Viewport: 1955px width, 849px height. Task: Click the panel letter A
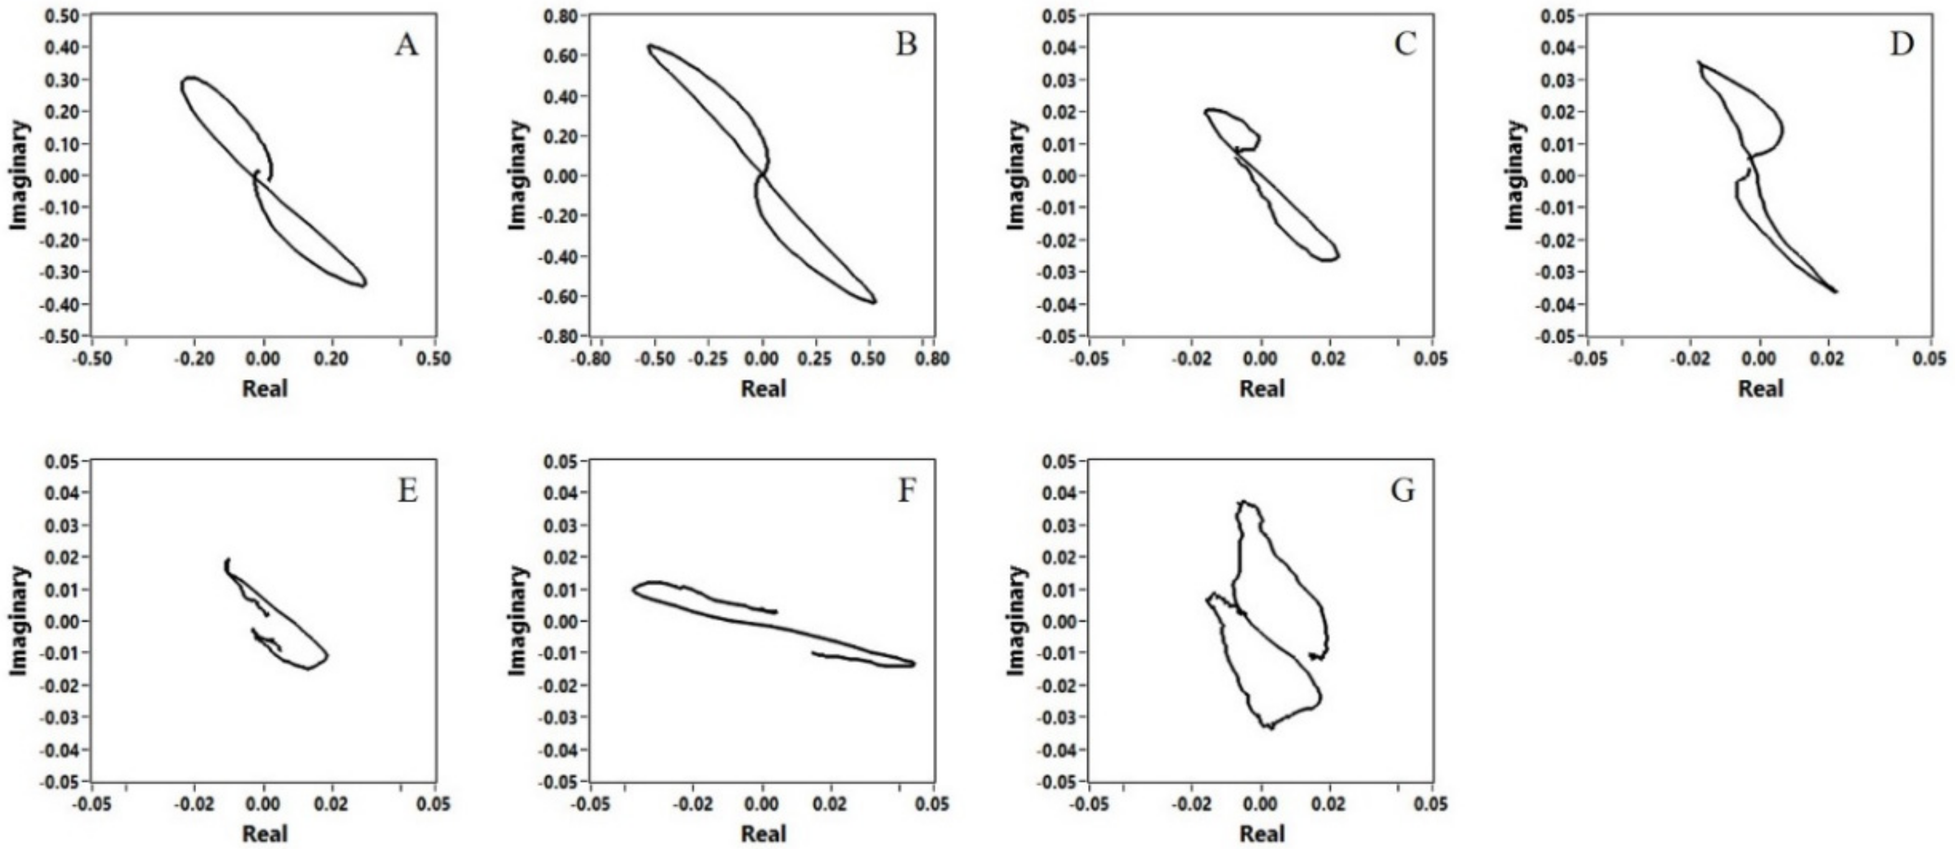(406, 46)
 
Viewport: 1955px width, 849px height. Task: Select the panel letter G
(1402, 491)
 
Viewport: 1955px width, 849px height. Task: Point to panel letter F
(906, 491)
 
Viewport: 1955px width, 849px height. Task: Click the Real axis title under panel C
(1262, 389)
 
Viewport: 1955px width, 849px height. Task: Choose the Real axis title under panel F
(764, 834)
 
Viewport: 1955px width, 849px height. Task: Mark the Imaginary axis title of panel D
(1515, 176)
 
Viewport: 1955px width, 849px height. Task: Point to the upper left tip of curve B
(650, 45)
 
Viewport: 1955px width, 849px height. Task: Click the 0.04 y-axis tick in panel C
(1060, 48)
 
